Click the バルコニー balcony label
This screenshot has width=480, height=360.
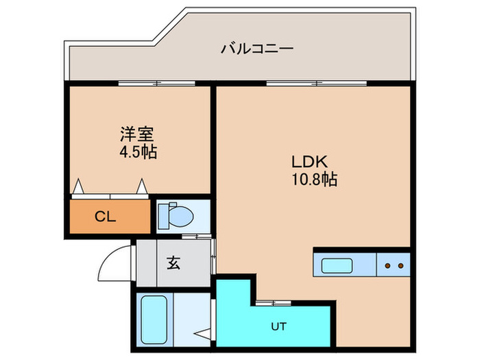[257, 49]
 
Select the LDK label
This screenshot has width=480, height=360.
[312, 163]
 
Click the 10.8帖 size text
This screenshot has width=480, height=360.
[314, 180]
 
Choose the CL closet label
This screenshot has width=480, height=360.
[105, 217]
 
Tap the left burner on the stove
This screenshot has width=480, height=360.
[388, 265]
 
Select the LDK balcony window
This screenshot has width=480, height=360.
[316, 83]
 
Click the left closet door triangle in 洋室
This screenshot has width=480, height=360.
[79, 186]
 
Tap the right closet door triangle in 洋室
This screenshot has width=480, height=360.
[142, 186]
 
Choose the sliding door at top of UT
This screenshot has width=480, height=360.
[277, 302]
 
